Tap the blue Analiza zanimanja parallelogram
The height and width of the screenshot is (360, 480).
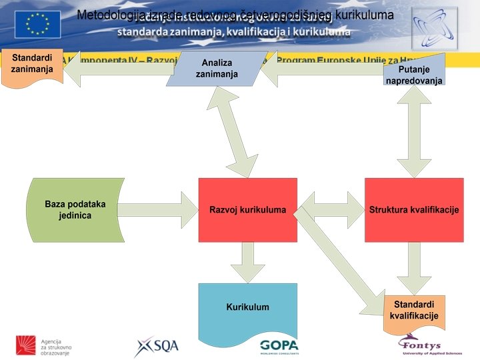point(216,69)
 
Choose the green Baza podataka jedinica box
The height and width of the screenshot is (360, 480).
point(75,210)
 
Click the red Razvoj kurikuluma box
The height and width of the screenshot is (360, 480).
point(247,210)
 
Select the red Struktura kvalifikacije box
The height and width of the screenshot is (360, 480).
point(413,210)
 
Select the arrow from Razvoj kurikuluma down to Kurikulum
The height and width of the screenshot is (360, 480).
point(247,262)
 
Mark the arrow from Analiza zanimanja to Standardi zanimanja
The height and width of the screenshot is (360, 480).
point(117,69)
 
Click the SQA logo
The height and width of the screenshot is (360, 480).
point(157,346)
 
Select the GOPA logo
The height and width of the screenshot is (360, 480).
point(279,346)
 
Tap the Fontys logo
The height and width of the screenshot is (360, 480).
point(423,344)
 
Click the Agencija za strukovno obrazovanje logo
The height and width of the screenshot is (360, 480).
point(44,345)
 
